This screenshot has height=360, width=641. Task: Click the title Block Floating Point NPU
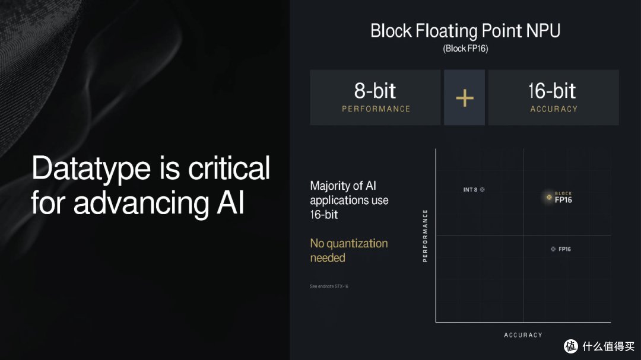pyautogui.click(x=465, y=31)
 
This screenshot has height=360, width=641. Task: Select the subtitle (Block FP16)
pyautogui.click(x=465, y=49)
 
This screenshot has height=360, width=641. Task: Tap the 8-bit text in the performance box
pyautogui.click(x=375, y=91)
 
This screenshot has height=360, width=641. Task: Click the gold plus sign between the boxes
pyautogui.click(x=464, y=98)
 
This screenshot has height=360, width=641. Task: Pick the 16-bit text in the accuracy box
pyautogui.click(x=553, y=91)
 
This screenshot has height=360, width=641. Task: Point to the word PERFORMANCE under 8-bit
pyautogui.click(x=376, y=109)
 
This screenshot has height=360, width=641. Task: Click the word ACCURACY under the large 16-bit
pyautogui.click(x=553, y=109)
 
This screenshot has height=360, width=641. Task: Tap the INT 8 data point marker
pyautogui.click(x=483, y=190)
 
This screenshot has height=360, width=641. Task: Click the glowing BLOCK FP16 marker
pyautogui.click(x=549, y=197)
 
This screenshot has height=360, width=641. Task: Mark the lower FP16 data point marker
pyautogui.click(x=553, y=249)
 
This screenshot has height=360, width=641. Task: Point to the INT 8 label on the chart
pyautogui.click(x=469, y=190)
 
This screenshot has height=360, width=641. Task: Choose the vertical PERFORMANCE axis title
pyautogui.click(x=425, y=236)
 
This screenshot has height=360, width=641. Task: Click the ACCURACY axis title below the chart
pyautogui.click(x=523, y=335)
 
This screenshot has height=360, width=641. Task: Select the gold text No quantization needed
pyautogui.click(x=348, y=250)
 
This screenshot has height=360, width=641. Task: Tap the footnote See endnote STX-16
pyautogui.click(x=329, y=286)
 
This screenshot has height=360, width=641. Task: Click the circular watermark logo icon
pyautogui.click(x=571, y=346)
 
